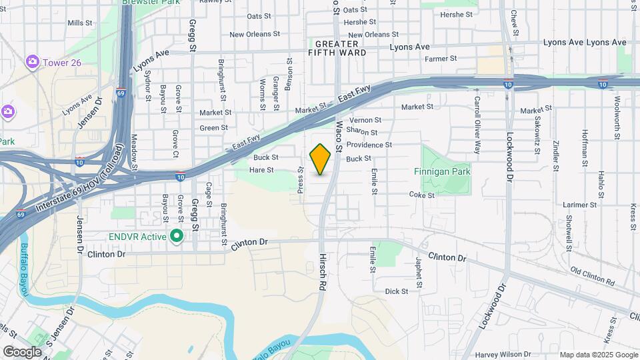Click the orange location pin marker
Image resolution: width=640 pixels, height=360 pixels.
point(320,159)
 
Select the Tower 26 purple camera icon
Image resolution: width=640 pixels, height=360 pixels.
point(32,62)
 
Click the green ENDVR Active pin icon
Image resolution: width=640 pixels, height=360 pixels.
point(177,235)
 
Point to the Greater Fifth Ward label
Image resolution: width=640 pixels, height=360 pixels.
point(338,47)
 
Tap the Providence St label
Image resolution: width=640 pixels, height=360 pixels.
point(369,145)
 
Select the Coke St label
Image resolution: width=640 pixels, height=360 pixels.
point(421,195)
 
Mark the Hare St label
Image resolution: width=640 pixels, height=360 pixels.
point(261,170)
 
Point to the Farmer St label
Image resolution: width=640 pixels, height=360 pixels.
point(441,59)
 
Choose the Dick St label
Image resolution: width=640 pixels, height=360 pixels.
point(396,291)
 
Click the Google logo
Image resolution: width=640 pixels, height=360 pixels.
point(22,351)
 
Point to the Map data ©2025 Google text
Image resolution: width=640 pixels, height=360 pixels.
point(598,355)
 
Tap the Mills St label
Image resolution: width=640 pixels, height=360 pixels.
point(80,23)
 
